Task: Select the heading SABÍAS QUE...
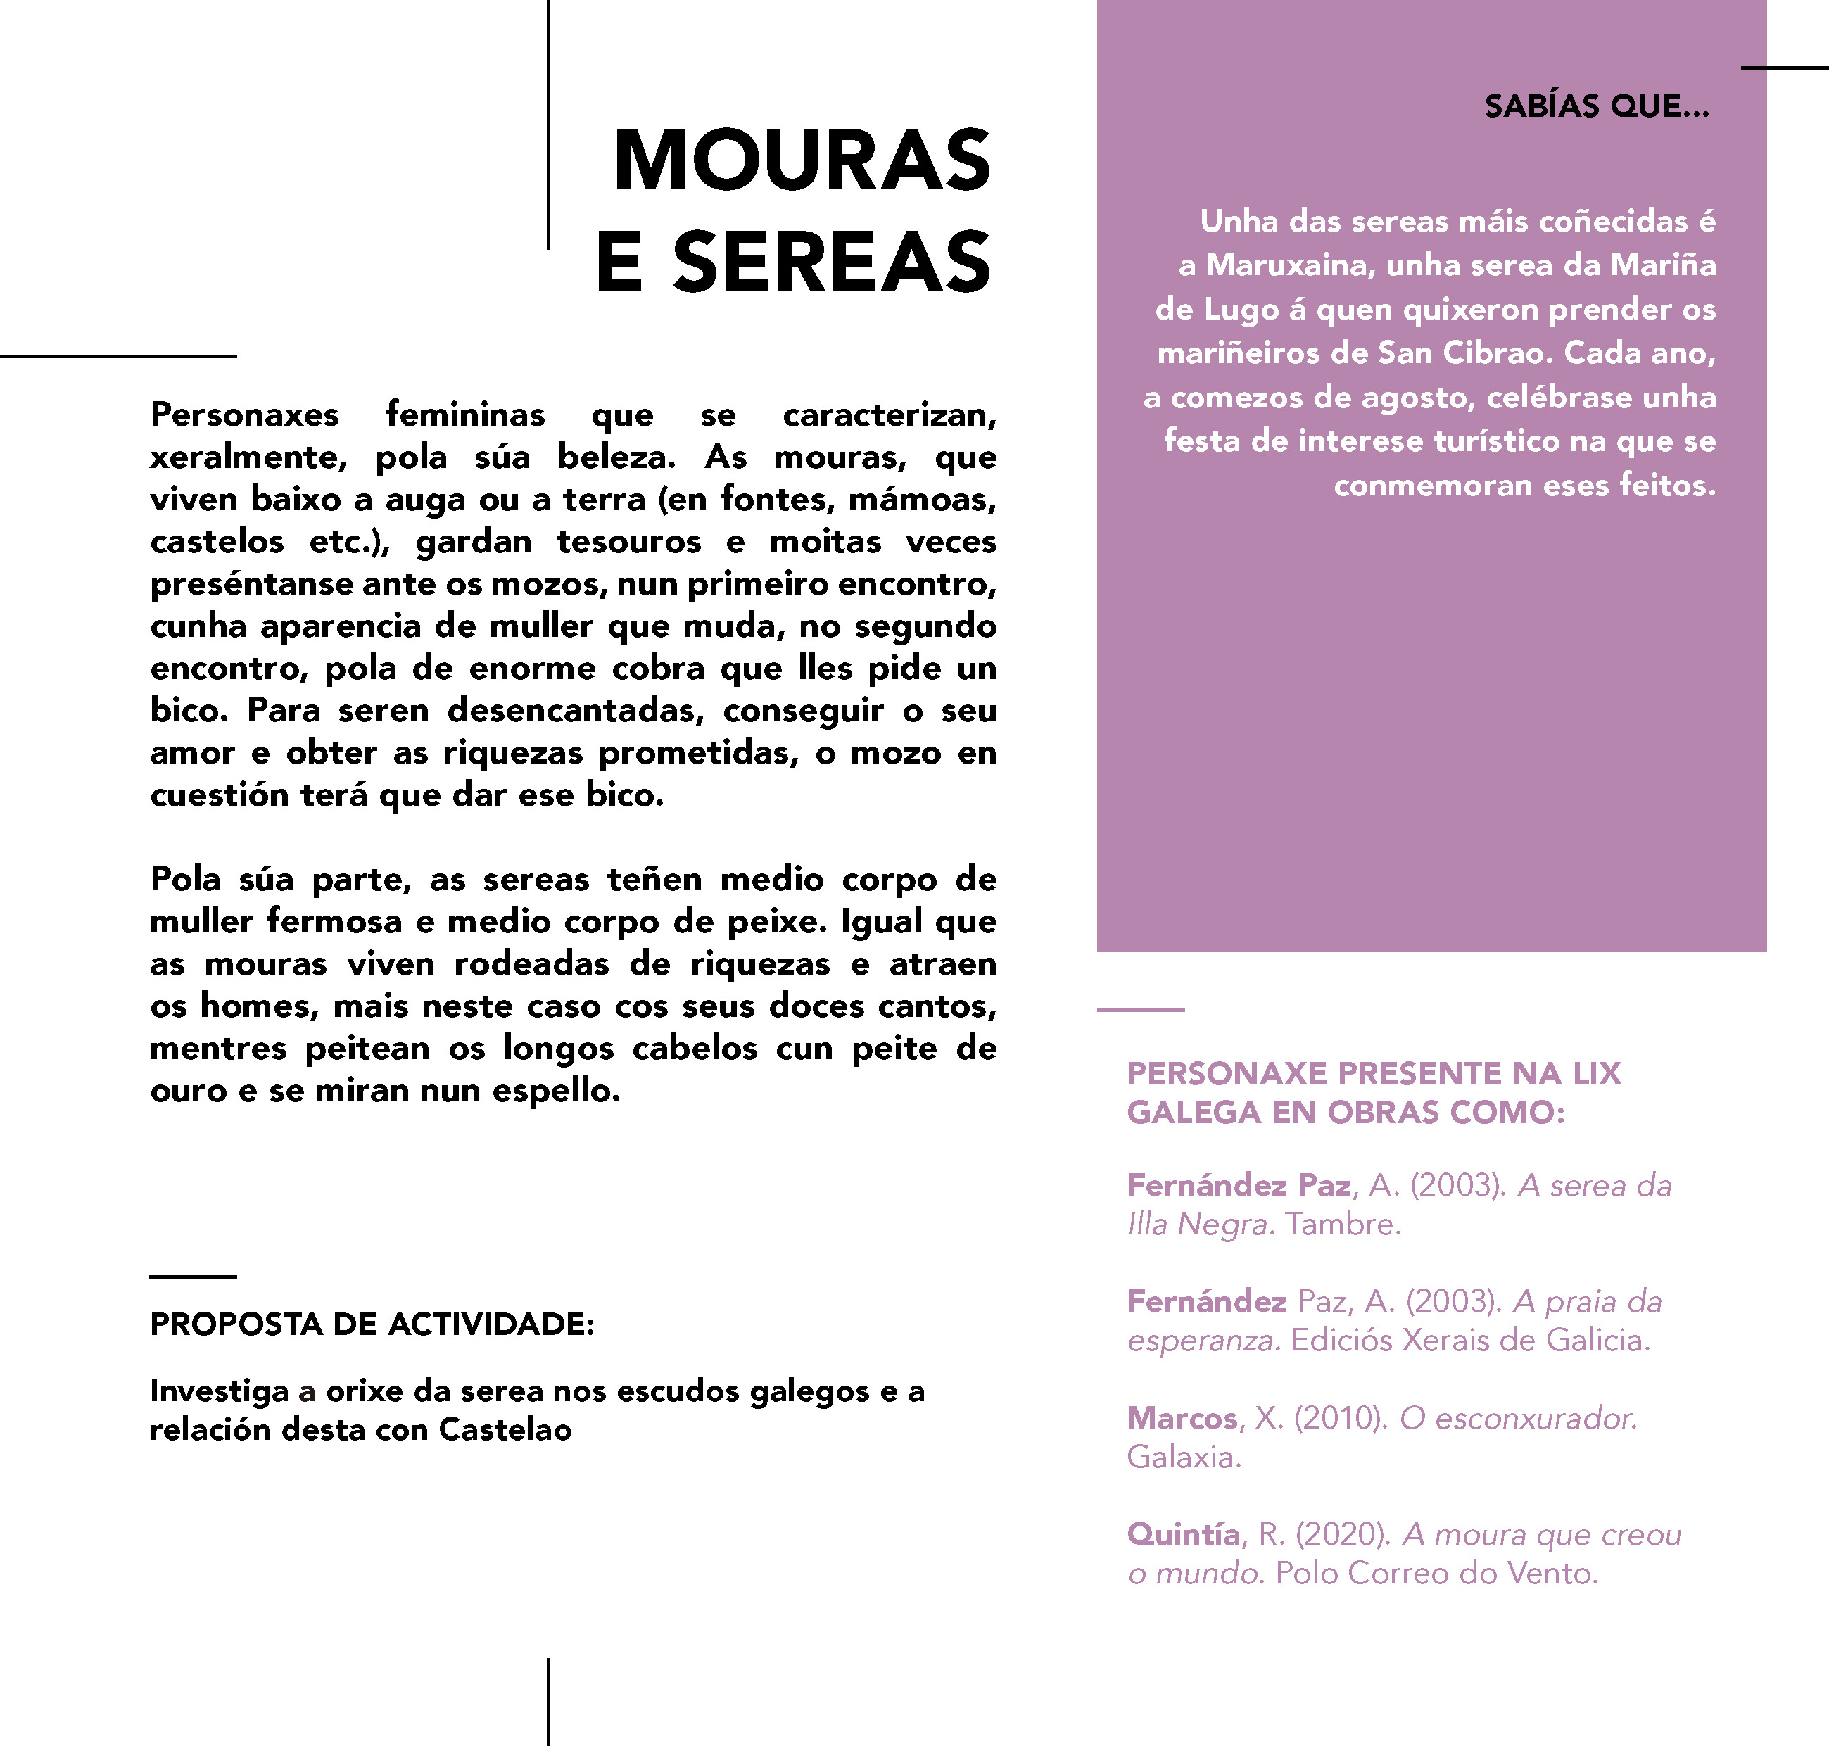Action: [x=1596, y=106]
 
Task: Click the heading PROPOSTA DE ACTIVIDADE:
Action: [x=372, y=1324]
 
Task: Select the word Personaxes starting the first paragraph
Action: [x=245, y=415]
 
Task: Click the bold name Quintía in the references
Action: [x=1183, y=1535]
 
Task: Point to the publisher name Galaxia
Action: [x=1184, y=1457]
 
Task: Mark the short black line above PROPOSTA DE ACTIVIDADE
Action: [x=193, y=1276]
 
